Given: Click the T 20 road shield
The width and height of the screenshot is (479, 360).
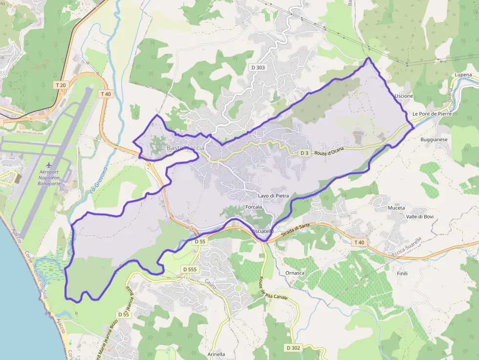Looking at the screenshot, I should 61,85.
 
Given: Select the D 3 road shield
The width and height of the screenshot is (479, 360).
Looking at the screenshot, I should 305,153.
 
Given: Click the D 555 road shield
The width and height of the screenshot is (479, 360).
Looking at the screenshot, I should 190,269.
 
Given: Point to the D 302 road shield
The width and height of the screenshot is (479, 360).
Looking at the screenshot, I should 294,348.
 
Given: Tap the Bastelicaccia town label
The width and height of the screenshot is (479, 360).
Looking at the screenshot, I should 186,148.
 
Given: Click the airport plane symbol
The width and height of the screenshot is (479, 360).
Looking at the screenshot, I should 49,166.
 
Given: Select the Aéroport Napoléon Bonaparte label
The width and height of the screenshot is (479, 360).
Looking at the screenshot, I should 49,178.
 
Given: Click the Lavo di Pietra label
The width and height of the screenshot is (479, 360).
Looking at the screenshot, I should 274,196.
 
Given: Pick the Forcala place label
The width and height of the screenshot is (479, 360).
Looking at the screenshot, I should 254,207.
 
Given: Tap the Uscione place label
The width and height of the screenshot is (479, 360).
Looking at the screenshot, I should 404,96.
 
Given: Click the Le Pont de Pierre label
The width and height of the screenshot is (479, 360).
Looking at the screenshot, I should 432,114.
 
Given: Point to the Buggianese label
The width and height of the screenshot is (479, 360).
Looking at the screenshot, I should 434,140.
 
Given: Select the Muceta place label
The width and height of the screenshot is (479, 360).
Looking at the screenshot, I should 396,208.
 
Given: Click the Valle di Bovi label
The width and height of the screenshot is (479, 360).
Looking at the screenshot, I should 420,216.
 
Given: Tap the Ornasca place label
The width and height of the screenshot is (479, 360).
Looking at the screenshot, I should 295,273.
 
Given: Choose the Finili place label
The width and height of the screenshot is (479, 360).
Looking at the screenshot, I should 402,274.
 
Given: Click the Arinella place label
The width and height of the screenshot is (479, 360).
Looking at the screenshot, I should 216,354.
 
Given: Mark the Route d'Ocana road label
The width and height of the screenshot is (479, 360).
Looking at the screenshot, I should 330,152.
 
